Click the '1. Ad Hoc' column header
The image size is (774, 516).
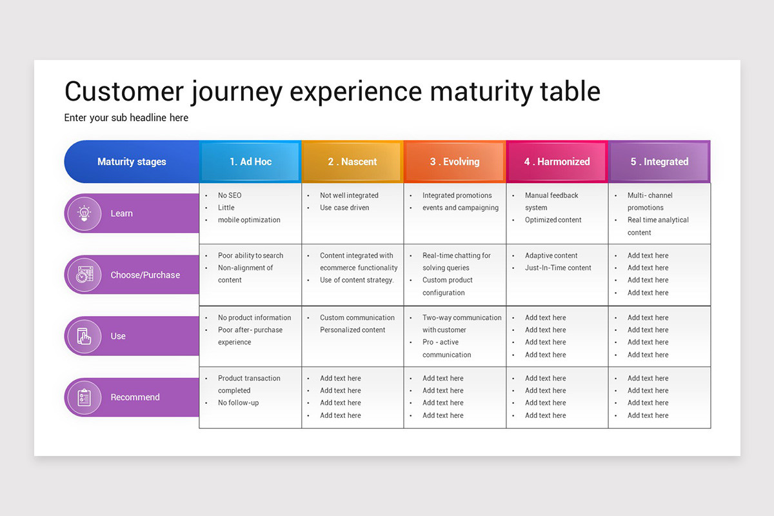(250, 162)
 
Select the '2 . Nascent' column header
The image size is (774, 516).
(352, 162)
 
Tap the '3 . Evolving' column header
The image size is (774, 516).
(455, 162)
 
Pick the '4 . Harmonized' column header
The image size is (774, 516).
(557, 162)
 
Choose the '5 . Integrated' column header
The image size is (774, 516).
(659, 162)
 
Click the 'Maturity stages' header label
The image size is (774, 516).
(132, 162)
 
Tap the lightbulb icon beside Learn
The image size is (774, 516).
(84, 213)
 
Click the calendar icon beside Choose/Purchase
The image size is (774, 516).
(84, 275)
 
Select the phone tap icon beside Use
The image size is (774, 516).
(84, 336)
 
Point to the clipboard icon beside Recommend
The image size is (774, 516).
(84, 397)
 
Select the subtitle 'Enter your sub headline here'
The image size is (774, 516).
(126, 117)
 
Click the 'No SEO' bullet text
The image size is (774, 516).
(230, 195)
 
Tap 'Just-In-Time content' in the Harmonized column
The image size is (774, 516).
(558, 268)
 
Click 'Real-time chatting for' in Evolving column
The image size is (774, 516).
(457, 255)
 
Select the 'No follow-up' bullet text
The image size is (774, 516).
(238, 403)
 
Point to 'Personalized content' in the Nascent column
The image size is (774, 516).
(352, 330)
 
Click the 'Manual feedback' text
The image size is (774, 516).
(551, 195)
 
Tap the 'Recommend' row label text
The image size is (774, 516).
(135, 397)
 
